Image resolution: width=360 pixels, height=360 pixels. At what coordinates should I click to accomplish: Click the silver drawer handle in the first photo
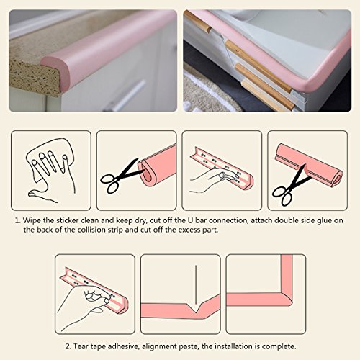pos(125,96)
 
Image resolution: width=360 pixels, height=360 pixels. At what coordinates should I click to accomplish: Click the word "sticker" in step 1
pos(68,220)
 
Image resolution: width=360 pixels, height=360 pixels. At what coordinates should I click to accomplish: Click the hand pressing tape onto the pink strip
pos(214,179)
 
